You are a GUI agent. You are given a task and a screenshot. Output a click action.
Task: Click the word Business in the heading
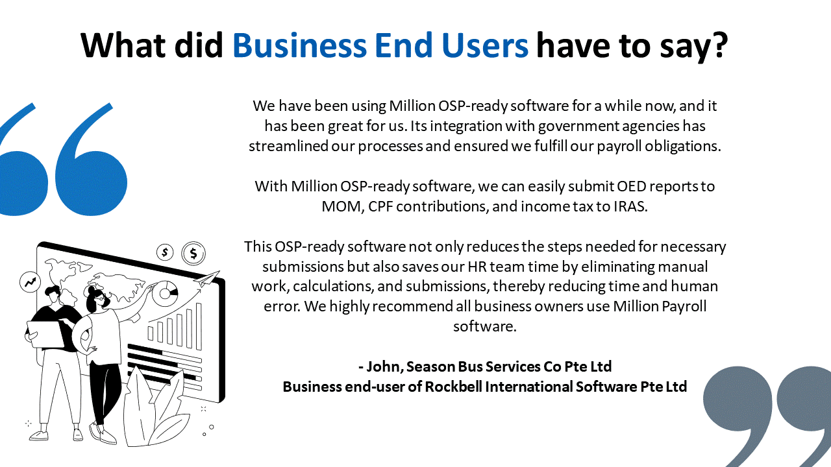coord(300,45)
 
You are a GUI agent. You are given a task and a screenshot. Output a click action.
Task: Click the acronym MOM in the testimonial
coord(341,206)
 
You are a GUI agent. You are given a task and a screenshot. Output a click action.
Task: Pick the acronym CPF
coord(380,206)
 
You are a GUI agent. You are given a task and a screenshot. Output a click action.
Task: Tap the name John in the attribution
coord(385,366)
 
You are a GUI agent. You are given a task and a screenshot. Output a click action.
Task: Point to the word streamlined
coord(288,146)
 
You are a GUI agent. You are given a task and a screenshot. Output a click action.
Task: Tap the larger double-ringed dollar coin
coord(193,254)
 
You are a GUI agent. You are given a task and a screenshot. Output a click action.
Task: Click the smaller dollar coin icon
coord(165,252)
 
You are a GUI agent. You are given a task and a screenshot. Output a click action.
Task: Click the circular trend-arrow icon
coord(30,282)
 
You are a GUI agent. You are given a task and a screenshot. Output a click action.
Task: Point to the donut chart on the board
coord(165,294)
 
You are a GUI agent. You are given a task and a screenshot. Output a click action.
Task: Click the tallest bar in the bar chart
coord(199,326)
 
